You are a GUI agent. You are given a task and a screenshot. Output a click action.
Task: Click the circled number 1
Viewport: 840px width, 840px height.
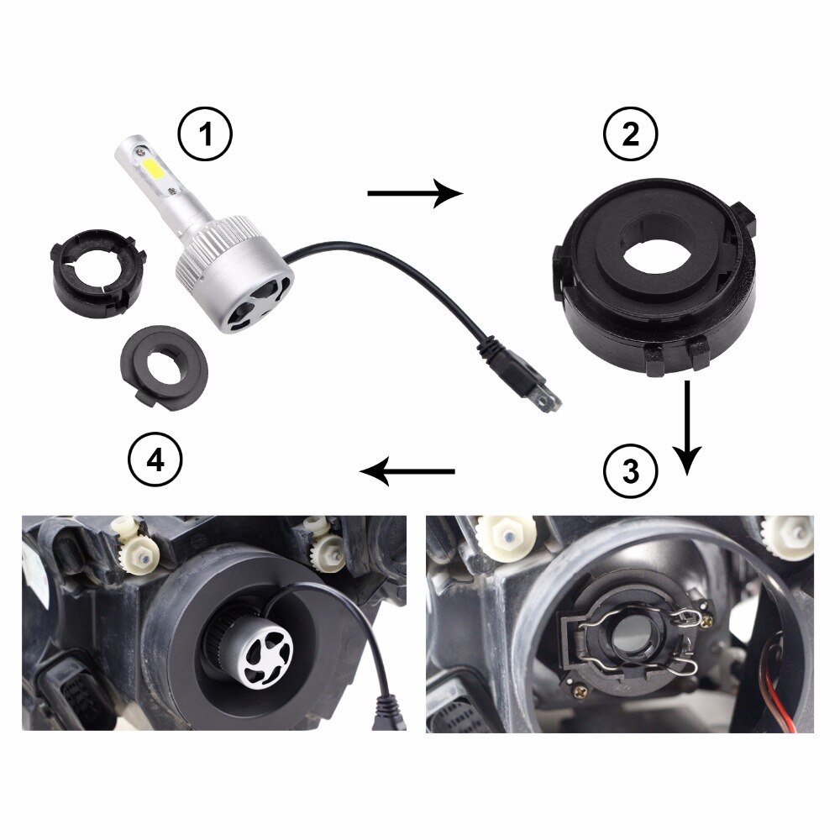point(203,136)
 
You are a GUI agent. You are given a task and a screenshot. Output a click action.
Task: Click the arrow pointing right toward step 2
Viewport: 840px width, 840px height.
point(415,194)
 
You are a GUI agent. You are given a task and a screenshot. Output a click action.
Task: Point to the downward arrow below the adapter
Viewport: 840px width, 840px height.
point(688,428)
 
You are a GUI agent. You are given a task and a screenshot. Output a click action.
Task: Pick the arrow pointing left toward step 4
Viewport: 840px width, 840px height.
point(407,472)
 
